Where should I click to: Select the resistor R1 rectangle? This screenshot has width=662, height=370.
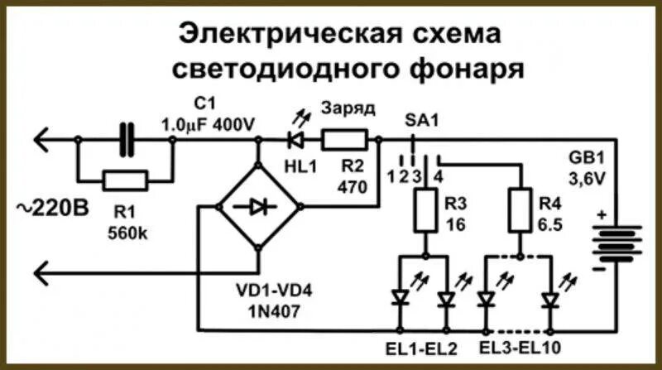coord(126,179)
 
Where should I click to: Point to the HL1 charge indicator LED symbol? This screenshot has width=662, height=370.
coord(294,138)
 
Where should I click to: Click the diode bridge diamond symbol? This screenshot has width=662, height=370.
coord(258,207)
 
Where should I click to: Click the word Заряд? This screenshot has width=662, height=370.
coord(348,108)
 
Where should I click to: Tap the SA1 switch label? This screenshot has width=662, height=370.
coord(422,121)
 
